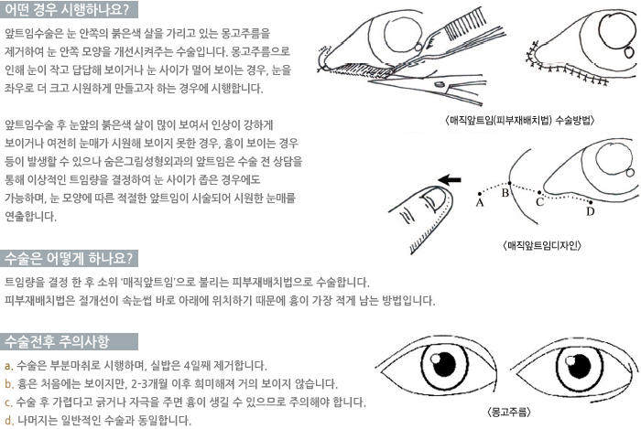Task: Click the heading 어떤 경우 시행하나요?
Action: pos(67,9)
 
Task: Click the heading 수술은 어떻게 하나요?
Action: pos(69,258)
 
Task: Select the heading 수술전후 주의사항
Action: pos(57,341)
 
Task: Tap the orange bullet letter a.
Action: pos(8,366)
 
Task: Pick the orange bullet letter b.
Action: pos(9,383)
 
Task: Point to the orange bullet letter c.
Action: pos(8,402)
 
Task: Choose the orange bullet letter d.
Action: pos(9,420)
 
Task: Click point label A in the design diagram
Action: pos(480,202)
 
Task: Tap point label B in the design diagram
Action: pos(505,193)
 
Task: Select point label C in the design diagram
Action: pos(539,201)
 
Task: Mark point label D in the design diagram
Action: pos(590,211)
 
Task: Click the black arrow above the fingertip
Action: pos(449,179)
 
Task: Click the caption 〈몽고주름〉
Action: pos(509,412)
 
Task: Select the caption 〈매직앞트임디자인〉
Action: pos(542,245)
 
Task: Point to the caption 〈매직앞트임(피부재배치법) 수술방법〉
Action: pos(519,120)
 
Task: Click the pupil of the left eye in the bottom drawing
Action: pos(444,363)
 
